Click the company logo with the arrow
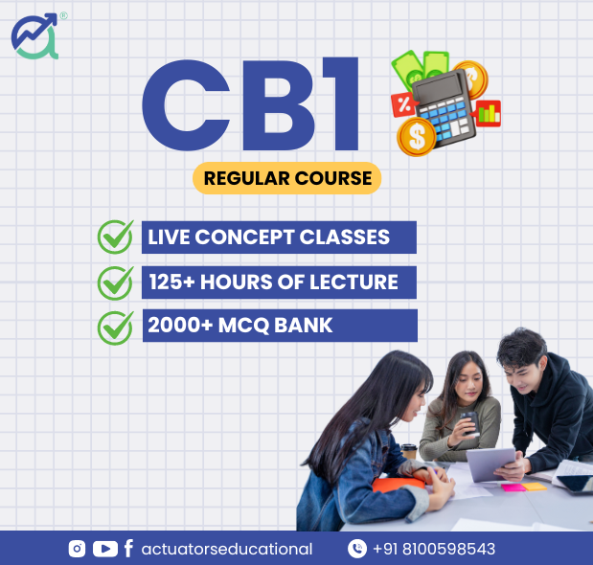(x=35, y=36)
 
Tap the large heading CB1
(x=250, y=104)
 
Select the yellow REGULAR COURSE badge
(x=287, y=178)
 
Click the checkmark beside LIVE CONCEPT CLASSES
(x=115, y=237)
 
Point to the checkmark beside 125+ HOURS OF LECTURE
(x=115, y=283)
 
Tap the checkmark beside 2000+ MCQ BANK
(x=115, y=328)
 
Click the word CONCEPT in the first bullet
(x=244, y=237)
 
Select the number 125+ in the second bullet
(x=172, y=282)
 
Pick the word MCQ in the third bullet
(x=243, y=326)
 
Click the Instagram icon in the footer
(x=77, y=549)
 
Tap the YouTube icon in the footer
(x=105, y=549)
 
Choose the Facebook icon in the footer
(x=128, y=549)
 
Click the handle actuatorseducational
(x=227, y=549)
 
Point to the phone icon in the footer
(x=357, y=549)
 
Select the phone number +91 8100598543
(x=434, y=549)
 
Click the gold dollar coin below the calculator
(x=417, y=137)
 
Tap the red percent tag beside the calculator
(x=404, y=104)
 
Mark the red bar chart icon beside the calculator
(x=487, y=113)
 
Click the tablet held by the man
(x=490, y=463)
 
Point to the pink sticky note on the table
(x=513, y=487)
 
